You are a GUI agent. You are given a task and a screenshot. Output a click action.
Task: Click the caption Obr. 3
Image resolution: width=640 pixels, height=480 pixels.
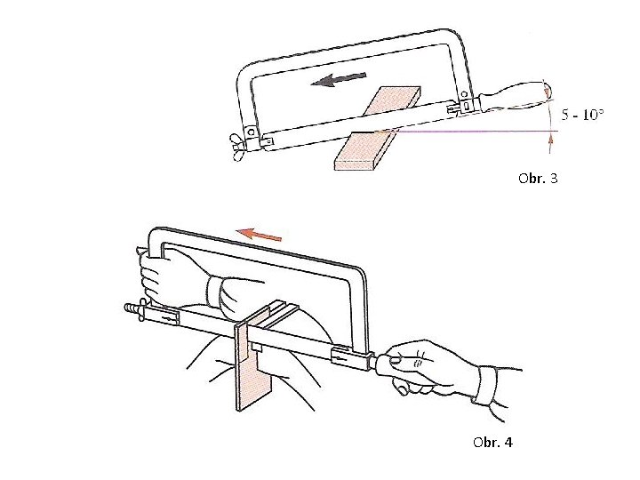point(538,179)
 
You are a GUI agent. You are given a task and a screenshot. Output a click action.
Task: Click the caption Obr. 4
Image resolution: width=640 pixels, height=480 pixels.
point(492,443)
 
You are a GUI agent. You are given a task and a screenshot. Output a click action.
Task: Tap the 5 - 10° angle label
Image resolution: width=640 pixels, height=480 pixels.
point(582,115)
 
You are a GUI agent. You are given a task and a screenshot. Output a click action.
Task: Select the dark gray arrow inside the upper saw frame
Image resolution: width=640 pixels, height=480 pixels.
point(339,79)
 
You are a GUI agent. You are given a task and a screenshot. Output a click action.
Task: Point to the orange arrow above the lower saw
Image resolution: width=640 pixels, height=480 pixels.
point(259,235)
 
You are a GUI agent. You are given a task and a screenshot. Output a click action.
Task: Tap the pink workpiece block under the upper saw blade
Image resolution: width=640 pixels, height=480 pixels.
point(375,129)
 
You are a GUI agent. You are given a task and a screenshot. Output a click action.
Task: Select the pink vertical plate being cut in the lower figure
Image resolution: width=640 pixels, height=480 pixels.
point(253,358)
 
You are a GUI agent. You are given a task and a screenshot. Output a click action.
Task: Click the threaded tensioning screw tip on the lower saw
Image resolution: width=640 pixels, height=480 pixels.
point(131,308)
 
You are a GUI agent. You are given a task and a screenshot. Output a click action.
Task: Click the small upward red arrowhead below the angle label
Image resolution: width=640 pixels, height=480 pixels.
point(550,140)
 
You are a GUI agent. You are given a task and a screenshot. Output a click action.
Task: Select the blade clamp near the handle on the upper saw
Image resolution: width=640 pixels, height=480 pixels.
point(460,107)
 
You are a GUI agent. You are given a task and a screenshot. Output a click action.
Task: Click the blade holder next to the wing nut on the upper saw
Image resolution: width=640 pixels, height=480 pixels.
point(267,140)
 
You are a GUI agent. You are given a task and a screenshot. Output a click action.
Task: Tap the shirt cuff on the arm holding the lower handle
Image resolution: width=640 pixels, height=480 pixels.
point(486,386)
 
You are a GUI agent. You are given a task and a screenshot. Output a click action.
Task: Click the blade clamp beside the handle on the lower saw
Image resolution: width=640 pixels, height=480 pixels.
point(349,357)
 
